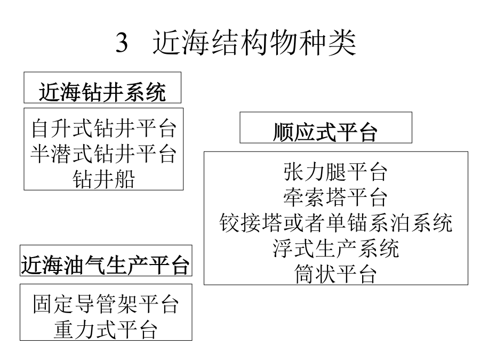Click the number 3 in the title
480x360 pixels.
tap(122, 43)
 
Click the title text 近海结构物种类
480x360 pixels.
tap(254, 43)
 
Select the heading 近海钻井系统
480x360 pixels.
tap(102, 92)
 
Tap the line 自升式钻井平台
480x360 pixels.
tap(104, 129)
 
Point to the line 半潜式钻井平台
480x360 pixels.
tap(104, 154)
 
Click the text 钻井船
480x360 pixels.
tap(104, 179)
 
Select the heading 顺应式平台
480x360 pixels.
tap(325, 132)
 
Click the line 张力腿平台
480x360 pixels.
tap(335, 172)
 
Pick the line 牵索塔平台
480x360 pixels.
tap(335, 197)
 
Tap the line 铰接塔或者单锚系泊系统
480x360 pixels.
tap(336, 222)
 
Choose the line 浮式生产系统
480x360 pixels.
tap(336, 248)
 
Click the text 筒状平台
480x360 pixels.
tap(335, 274)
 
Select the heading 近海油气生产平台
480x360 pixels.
tap(105, 265)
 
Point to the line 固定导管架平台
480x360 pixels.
tap(106, 305)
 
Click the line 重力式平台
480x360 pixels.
tap(106, 330)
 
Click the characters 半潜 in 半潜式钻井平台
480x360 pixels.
tap(51, 154)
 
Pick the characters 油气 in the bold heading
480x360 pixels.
tap(84, 265)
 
